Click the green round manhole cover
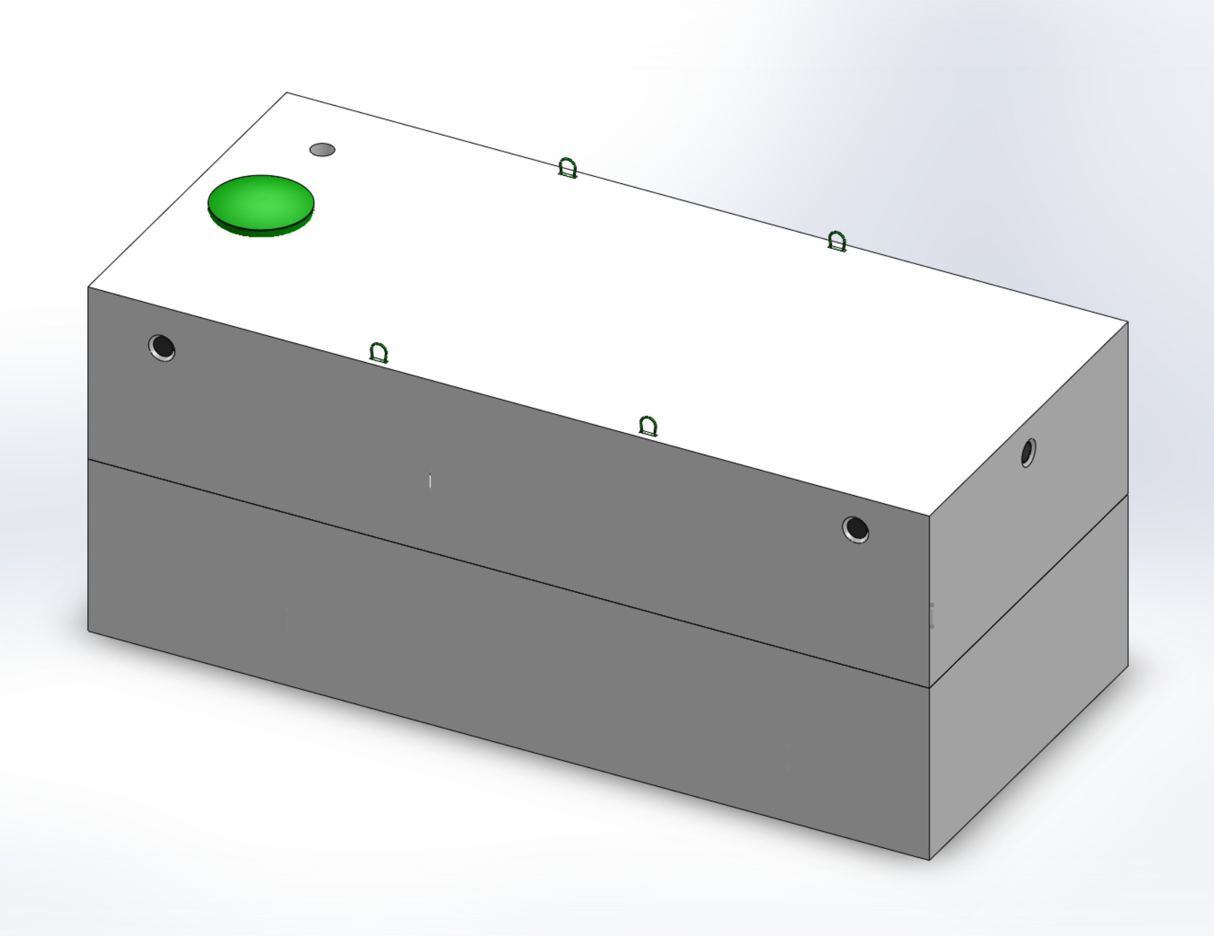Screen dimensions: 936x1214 point(261,203)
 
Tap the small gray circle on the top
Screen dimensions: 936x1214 point(323,150)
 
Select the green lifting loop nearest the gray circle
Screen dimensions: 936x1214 point(568,168)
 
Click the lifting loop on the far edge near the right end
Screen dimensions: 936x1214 point(837,242)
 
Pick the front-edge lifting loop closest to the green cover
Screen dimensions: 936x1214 point(378,353)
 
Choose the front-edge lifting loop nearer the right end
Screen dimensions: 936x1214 point(648,427)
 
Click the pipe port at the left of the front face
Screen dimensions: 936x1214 point(162,347)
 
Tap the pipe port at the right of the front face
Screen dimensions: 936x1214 point(856,529)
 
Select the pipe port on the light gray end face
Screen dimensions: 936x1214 point(1028,452)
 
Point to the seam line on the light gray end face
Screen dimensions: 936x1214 point(1028,591)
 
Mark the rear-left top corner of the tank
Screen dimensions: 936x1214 point(287,93)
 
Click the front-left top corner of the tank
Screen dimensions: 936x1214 point(89,288)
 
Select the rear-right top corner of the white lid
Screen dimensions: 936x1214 point(1127,322)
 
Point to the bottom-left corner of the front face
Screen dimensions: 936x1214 point(89,630)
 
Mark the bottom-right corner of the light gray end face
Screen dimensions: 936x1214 point(1128,666)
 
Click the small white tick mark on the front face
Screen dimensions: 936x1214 point(430,480)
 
